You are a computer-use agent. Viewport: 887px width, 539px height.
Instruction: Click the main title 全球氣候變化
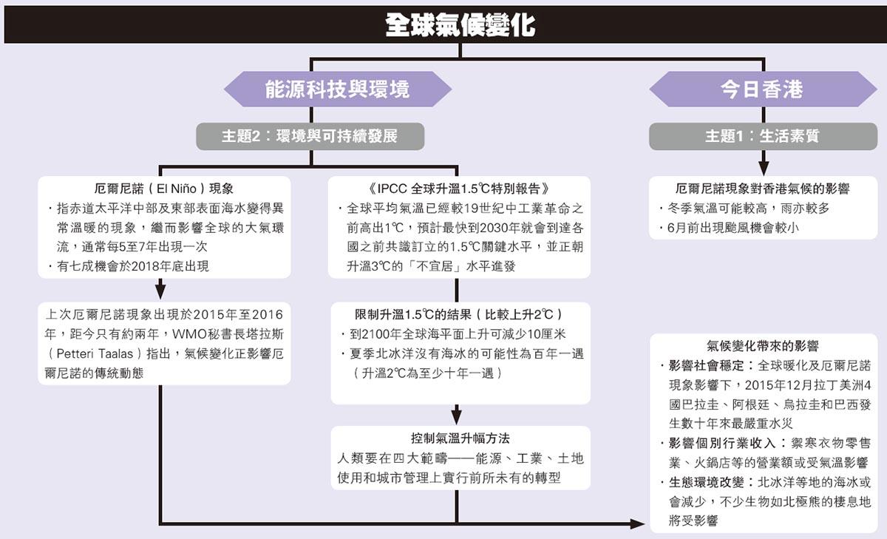460,24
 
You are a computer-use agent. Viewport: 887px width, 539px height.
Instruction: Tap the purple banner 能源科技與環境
337,89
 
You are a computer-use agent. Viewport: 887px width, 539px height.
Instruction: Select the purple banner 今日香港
763,89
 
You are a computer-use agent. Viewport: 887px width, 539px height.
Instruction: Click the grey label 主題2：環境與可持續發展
310,136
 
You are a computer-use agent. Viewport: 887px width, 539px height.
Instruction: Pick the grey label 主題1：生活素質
763,136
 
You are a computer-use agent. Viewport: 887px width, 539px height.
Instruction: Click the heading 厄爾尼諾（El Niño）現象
164,189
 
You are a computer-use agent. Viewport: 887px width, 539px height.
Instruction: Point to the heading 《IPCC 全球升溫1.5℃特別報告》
458,189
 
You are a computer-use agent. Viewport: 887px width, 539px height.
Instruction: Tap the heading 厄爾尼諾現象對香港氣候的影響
763,189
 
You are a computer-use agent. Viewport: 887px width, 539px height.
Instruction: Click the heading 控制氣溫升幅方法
460,438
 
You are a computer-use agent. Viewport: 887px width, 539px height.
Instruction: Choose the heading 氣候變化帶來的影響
763,346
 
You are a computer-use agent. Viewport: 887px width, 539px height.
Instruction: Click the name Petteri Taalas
95,353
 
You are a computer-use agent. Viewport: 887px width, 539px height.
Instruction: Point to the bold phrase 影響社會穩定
707,365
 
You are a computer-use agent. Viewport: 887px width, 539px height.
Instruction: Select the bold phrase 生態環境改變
707,482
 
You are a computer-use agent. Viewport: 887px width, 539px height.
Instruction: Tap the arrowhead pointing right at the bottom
637,524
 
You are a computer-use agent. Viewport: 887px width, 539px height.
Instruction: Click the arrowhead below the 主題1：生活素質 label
764,169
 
